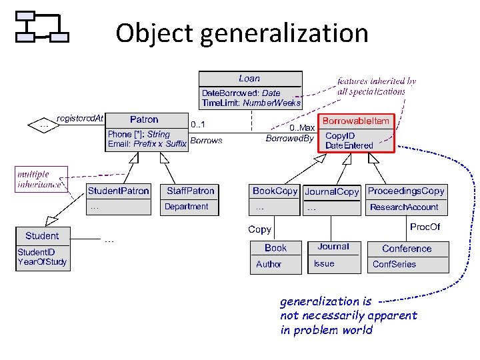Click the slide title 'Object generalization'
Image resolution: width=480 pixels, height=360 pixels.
pyautogui.click(x=241, y=33)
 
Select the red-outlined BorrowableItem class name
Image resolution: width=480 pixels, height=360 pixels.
pyautogui.click(x=355, y=121)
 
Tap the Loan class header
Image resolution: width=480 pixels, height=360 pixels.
pyautogui.click(x=249, y=79)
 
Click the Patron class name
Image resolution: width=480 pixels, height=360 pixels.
pyautogui.click(x=144, y=120)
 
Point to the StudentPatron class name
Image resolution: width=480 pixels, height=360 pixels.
pyautogui.click(x=119, y=191)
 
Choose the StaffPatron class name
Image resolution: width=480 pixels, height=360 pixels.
pyautogui.click(x=191, y=191)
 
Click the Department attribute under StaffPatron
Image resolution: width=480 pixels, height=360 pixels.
pyautogui.click(x=186, y=207)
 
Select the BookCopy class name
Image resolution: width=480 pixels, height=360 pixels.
pyautogui.click(x=275, y=191)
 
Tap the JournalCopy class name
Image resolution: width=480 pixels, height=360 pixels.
pyautogui.click(x=331, y=191)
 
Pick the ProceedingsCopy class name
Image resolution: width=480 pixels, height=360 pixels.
pyautogui.click(x=406, y=191)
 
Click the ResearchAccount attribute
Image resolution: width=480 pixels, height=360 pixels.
pyautogui.click(x=404, y=207)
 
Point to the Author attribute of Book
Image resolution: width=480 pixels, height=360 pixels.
pyautogui.click(x=269, y=264)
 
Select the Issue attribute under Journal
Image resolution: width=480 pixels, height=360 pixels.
pyautogui.click(x=324, y=263)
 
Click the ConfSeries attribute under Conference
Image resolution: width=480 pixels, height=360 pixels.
pyautogui.click(x=394, y=264)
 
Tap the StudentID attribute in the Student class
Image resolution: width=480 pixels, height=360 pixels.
pyautogui.click(x=36, y=252)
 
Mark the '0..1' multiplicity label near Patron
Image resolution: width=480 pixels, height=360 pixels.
pyautogui.click(x=198, y=125)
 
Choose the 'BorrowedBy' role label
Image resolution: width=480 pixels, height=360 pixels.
pyautogui.click(x=289, y=139)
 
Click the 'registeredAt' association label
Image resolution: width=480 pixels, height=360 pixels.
pyautogui.click(x=81, y=119)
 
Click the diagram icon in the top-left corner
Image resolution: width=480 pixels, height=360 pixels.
pyautogui.click(x=41, y=27)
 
